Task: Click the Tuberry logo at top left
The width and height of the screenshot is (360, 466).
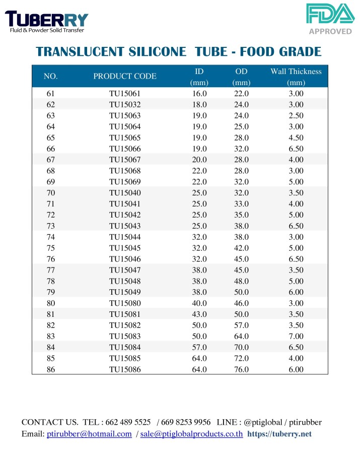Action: click(46, 21)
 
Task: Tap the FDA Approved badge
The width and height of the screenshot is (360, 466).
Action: click(330, 19)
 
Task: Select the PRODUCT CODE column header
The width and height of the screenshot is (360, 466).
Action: click(125, 77)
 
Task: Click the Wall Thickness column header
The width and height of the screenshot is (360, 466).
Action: click(296, 77)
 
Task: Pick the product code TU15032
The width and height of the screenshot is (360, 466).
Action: click(125, 105)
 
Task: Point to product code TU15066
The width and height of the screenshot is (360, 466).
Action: click(125, 149)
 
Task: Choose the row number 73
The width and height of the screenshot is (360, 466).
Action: click(50, 226)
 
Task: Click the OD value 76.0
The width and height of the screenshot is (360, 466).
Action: click(242, 369)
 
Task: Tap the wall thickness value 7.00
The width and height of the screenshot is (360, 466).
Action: click(296, 336)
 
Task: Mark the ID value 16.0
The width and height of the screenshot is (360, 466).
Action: click(199, 94)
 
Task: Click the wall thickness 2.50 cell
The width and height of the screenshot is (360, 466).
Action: click(296, 116)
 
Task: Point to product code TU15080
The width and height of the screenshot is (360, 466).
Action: click(125, 303)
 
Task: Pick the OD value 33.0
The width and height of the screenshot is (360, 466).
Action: click(242, 204)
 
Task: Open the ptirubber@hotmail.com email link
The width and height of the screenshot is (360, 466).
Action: click(89, 434)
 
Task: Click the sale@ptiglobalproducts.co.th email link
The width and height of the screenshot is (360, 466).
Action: click(191, 434)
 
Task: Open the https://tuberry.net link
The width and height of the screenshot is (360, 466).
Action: click(279, 434)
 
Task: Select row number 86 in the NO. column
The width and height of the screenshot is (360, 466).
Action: click(50, 369)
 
